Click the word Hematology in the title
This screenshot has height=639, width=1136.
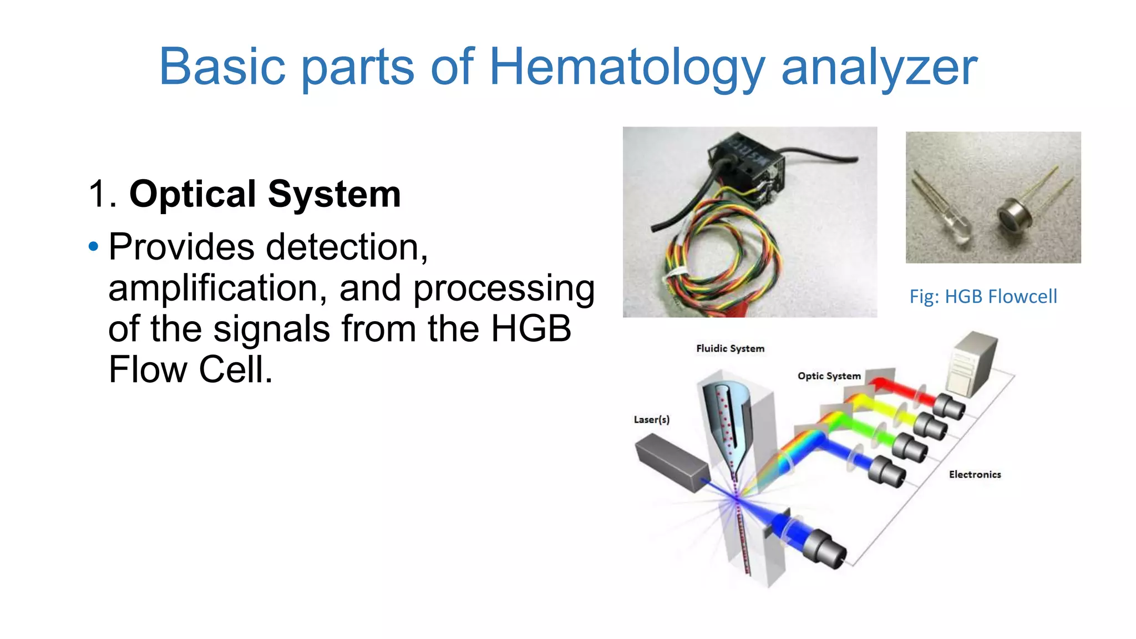coord(627,68)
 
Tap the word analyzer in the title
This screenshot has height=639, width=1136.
coord(879,68)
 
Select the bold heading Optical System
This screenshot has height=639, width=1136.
coord(265,194)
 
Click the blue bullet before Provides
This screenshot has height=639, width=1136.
coord(93,246)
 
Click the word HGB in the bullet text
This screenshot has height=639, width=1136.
coord(531,328)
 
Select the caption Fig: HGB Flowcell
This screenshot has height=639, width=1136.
coord(983,297)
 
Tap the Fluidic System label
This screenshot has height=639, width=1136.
coord(730,348)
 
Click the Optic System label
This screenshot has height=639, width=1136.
coord(829,376)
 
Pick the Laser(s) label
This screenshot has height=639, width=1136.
coord(651,420)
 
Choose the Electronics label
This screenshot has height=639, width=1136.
coord(975,474)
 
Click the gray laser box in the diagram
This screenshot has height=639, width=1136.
coord(671,462)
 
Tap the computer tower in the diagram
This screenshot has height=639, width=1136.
coord(973,363)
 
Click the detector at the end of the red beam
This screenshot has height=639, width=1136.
coord(950,407)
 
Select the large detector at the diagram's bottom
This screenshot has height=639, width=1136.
coord(824,549)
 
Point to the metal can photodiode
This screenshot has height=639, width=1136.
coord(1014,216)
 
